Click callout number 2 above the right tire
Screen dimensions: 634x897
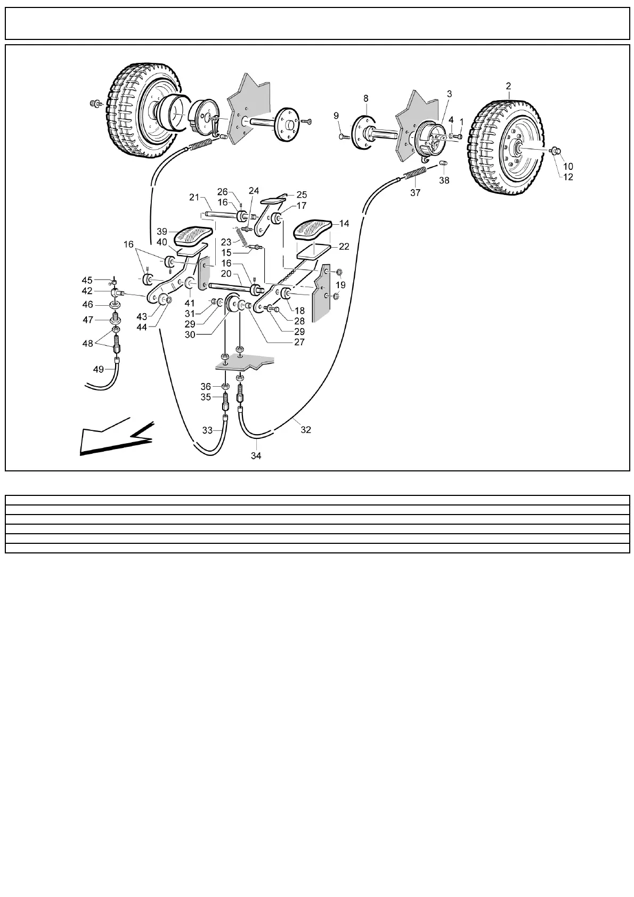tap(508, 86)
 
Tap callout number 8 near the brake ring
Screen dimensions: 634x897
tap(365, 98)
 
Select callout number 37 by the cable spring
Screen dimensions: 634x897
tap(415, 193)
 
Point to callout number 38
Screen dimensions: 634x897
tap(444, 181)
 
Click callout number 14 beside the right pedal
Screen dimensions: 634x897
tap(344, 224)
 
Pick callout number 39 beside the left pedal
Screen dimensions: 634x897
tap(162, 231)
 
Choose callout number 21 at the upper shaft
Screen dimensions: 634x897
tap(194, 198)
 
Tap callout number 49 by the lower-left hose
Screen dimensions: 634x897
tap(99, 369)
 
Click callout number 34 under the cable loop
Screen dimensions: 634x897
tap(256, 456)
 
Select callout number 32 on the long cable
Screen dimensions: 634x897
tap(305, 430)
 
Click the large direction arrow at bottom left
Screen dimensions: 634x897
tap(115, 436)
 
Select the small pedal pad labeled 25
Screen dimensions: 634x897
tap(274, 200)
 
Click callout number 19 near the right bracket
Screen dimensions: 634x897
tap(340, 284)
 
